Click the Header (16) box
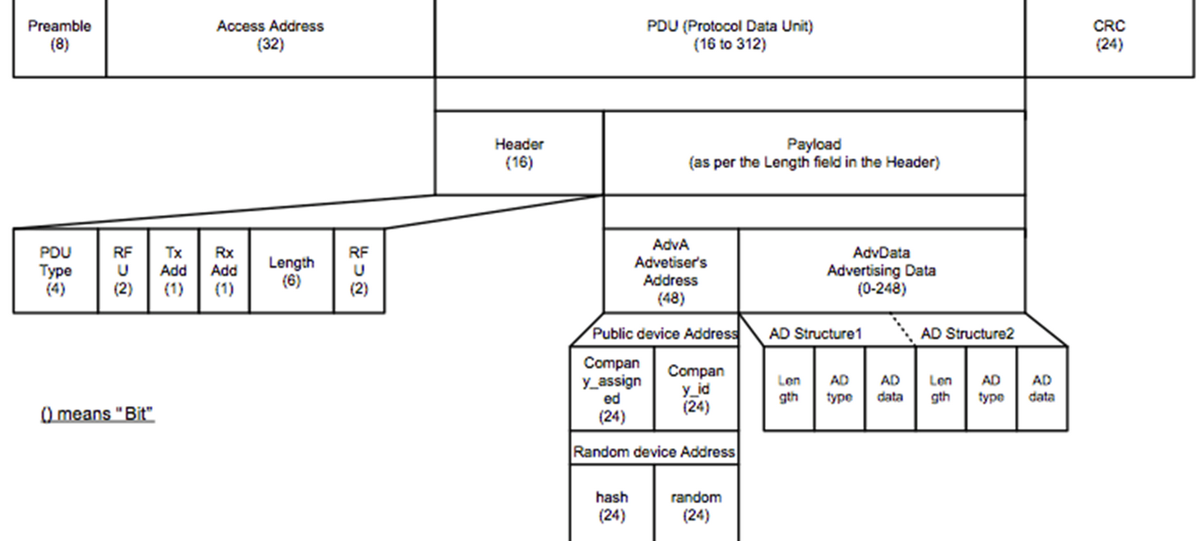coord(519,153)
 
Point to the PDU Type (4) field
coord(55,271)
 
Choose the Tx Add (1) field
coord(174,271)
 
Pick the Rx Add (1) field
coord(224,271)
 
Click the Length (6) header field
coord(291,271)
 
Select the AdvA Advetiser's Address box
coord(670,271)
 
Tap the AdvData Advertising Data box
coord(881,271)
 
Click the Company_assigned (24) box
coord(612,389)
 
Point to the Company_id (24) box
coord(696,389)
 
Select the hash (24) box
coord(612,506)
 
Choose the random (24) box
coord(696,506)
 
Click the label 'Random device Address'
coord(654,452)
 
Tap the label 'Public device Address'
coord(665,333)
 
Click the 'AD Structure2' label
coord(967,333)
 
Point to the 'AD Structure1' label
coord(815,333)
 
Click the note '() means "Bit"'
coord(98,413)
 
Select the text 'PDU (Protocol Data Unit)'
coord(730,26)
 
